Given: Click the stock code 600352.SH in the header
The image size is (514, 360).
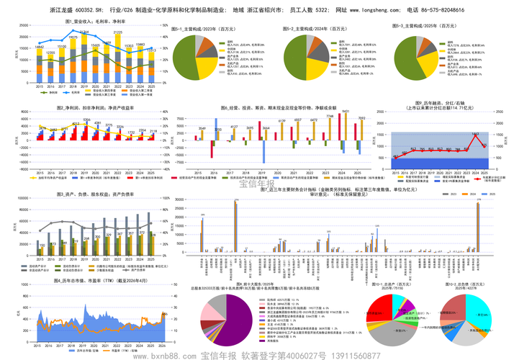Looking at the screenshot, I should (92, 11).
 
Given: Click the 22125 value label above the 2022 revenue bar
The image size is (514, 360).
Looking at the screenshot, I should (117, 32).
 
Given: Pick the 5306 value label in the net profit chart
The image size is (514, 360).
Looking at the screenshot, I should (86, 120).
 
